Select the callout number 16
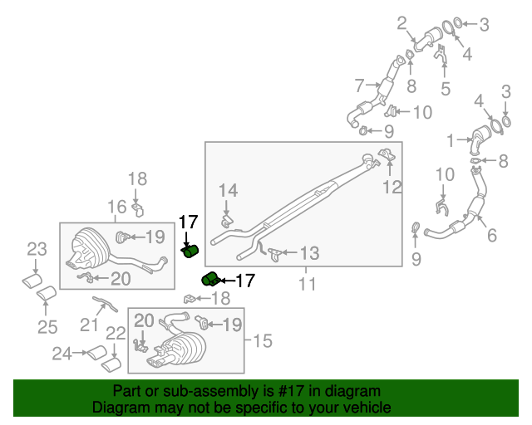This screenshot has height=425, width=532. (x=116, y=207)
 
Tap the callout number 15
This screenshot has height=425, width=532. (x=262, y=340)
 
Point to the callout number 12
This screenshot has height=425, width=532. (x=392, y=187)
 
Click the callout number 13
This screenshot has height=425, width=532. (x=308, y=252)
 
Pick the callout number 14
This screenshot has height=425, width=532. (x=228, y=191)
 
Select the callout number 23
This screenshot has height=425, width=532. (x=36, y=248)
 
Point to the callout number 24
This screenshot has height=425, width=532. (x=62, y=354)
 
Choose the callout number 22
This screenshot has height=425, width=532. (x=116, y=333)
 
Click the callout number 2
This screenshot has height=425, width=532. (x=401, y=22)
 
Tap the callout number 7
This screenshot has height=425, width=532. (x=359, y=84)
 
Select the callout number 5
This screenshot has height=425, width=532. (x=446, y=87)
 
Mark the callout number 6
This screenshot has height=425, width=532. (x=492, y=236)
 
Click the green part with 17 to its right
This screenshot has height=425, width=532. (x=210, y=279)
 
